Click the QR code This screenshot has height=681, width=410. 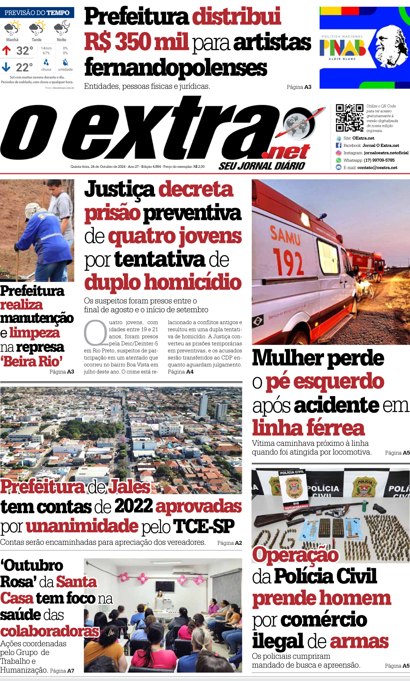click(x=349, y=118)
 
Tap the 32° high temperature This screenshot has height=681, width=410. click(x=25, y=50)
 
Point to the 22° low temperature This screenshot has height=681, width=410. click(x=24, y=67)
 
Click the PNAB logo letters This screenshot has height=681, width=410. click(x=343, y=48)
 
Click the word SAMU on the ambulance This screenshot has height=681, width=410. click(x=285, y=235)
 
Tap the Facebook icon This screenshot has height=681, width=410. click(x=339, y=145)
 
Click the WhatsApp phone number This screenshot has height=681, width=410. click(x=379, y=160)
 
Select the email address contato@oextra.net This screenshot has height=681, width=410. click(x=377, y=168)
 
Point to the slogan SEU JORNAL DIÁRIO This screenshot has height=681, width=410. click(x=262, y=166)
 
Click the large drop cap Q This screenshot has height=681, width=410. click(x=96, y=333)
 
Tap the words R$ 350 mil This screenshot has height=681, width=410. click(x=136, y=42)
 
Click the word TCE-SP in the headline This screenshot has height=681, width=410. click(x=204, y=526)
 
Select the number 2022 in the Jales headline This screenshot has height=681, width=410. click(x=134, y=506)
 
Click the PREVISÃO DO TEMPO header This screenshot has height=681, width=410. click(x=37, y=13)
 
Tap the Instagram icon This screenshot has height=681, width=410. click(x=339, y=153)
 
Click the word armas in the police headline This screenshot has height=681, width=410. click(x=359, y=641)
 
